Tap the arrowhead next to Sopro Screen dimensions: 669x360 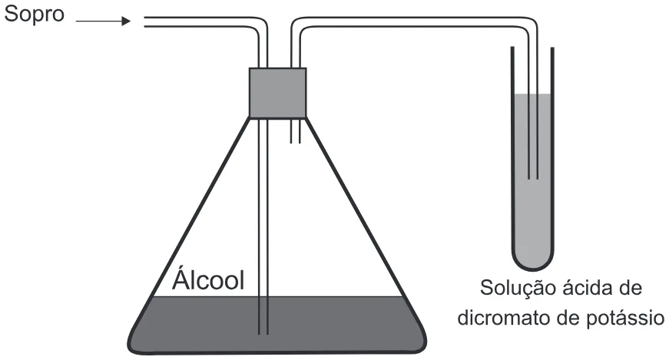pos(126,21)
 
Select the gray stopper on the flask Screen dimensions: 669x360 pos(278,93)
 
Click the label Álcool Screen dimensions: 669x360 pos(208,280)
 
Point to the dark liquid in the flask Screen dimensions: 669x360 pos(277,324)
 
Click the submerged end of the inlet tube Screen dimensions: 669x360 pos(263,334)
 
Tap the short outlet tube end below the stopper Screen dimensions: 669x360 pos(296,141)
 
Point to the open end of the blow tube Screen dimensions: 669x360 pos(145,21)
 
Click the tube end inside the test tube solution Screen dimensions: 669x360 pos(533,177)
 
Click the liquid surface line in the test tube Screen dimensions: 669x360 pos(533,94)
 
